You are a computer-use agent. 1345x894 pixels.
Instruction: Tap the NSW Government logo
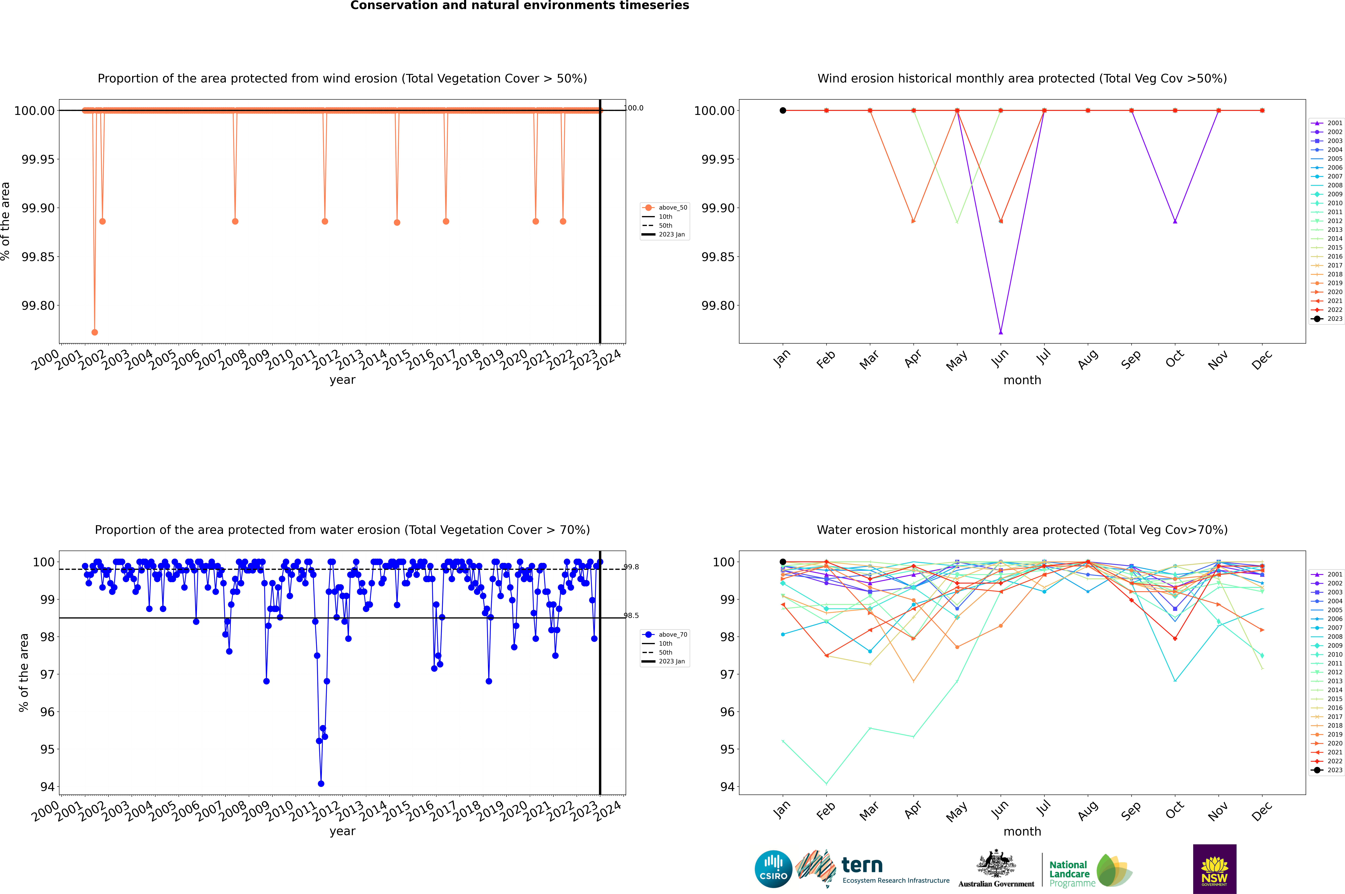pos(1214,869)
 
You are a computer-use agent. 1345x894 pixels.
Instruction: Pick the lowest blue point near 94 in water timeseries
pos(321,783)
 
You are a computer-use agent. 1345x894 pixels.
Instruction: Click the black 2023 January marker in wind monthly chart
pos(783,111)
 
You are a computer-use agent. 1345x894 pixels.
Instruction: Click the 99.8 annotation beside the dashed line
pos(631,567)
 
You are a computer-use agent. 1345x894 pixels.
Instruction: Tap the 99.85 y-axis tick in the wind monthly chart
pos(718,257)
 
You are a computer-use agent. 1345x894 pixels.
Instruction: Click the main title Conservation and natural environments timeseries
pos(519,6)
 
